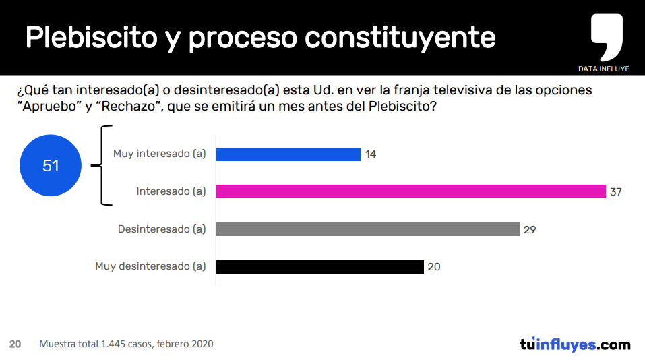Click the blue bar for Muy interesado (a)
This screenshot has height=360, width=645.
(288, 154)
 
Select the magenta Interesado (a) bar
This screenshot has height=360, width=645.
(410, 191)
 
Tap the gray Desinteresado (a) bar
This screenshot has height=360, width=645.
(367, 229)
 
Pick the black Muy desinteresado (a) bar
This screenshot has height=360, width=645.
(319, 266)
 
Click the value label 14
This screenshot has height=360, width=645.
(371, 154)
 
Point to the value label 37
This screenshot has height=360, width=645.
(615, 191)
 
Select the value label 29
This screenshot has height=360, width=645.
(530, 229)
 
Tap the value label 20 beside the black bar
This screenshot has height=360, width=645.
(434, 267)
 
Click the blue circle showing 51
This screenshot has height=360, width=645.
(51, 165)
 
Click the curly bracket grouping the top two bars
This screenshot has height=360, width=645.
(105, 165)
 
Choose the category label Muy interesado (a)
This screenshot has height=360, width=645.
(159, 154)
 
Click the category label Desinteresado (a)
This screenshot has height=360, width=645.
(162, 229)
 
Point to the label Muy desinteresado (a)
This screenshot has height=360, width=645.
(150, 266)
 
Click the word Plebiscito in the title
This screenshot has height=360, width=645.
(90, 38)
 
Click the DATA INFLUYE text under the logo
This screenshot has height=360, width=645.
(603, 69)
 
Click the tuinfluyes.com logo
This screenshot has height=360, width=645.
(574, 344)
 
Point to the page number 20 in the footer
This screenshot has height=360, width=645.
(15, 344)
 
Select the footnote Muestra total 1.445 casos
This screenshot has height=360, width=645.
(126, 344)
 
